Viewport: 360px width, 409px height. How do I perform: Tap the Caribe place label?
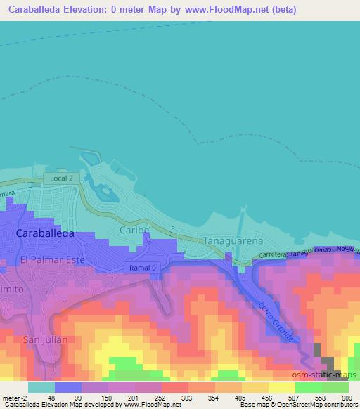pyautogui.click(x=136, y=230)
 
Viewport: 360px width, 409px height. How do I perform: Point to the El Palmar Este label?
pyautogui.click(x=52, y=259)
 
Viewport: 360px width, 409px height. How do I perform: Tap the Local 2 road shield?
pyautogui.click(x=60, y=178)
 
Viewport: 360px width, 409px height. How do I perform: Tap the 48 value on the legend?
pyautogui.click(x=51, y=397)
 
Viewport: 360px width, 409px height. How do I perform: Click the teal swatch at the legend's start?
pyautogui.click(x=41, y=387)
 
